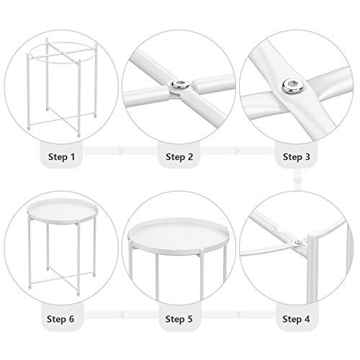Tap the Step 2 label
179,156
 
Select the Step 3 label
297,156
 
